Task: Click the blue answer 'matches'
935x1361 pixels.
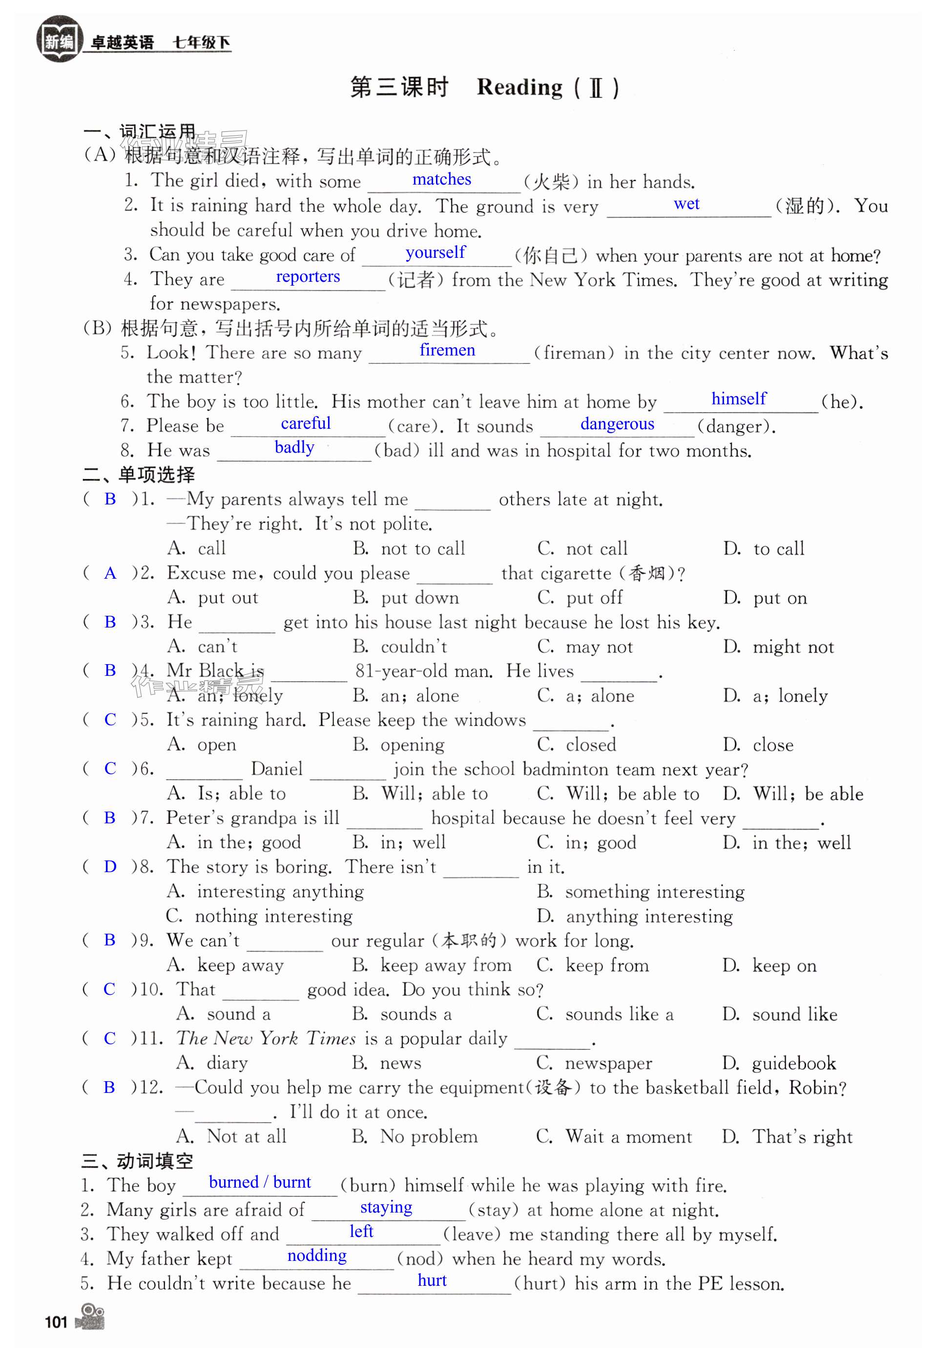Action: [441, 179]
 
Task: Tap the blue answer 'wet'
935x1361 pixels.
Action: [686, 204]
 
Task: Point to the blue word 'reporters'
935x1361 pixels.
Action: [308, 276]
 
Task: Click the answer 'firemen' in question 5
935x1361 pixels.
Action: [447, 350]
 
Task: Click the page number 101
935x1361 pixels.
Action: [56, 1322]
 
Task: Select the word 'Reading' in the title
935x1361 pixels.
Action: [519, 87]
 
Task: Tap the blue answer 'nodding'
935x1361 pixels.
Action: [316, 1256]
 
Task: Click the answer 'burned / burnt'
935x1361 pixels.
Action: [260, 1182]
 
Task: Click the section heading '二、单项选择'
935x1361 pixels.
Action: [139, 475]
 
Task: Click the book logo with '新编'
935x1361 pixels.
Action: [59, 40]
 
